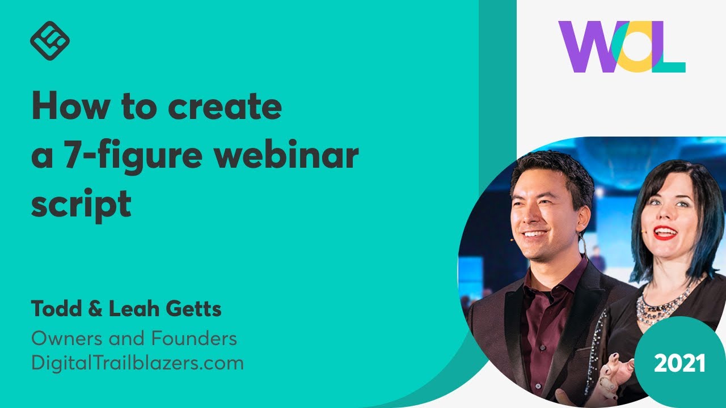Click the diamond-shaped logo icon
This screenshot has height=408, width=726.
click(x=49, y=41)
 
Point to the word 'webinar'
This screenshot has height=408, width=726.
click(x=289, y=155)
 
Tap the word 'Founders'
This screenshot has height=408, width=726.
click(x=193, y=339)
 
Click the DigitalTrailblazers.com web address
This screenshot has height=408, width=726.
click(x=137, y=363)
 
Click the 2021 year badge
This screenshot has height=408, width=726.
click(x=679, y=363)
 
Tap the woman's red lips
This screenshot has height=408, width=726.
click(x=665, y=233)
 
